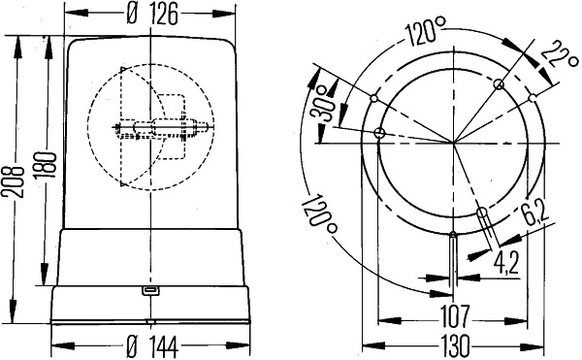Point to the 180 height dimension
pos(39,161)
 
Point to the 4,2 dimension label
pos(506,261)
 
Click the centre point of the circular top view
pos(454,143)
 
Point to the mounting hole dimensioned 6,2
pos(481,213)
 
